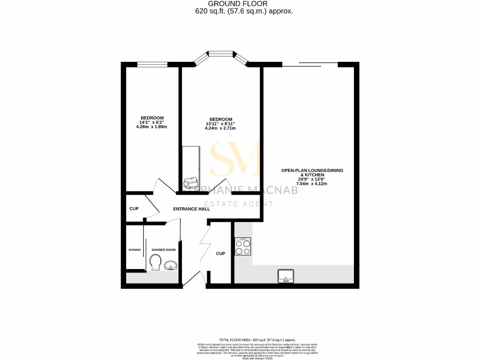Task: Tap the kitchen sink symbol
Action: click(285, 276)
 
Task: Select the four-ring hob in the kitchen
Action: click(243, 246)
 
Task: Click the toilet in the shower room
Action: click(156, 263)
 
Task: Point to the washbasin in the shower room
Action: click(171, 265)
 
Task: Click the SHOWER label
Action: click(135, 250)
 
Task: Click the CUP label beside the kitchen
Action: click(220, 254)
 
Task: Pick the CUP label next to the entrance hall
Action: click(134, 209)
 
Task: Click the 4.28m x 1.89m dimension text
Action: click(151, 127)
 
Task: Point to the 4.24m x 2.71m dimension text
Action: click(220, 128)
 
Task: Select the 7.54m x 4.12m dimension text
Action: click(312, 184)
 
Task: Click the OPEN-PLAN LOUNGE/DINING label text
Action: click(312, 170)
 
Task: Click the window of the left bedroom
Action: click(152, 64)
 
